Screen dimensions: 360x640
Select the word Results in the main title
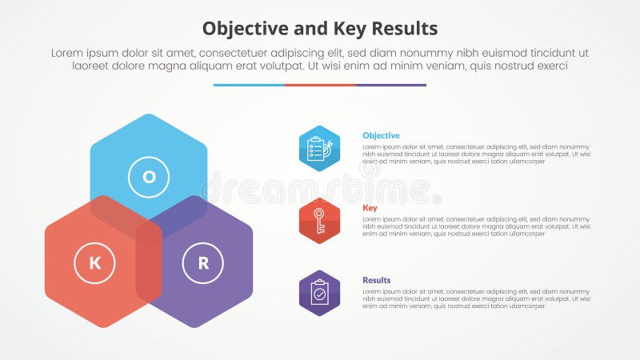405,29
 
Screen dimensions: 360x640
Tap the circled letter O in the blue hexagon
149,177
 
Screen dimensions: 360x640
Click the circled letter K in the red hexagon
94,262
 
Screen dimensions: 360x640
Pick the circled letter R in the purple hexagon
203,262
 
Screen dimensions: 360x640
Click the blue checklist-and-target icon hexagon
319,149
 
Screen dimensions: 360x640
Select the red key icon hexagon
319,221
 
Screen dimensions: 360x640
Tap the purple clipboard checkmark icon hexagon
319,293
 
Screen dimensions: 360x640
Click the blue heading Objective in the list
381,136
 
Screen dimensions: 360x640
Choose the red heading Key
370,208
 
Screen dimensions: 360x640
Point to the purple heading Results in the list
377,280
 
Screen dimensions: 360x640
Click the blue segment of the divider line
249,85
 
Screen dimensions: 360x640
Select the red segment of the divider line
319,85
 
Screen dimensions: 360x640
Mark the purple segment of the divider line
390,85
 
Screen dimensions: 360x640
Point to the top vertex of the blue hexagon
149,114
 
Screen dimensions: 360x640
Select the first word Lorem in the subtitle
68,53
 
